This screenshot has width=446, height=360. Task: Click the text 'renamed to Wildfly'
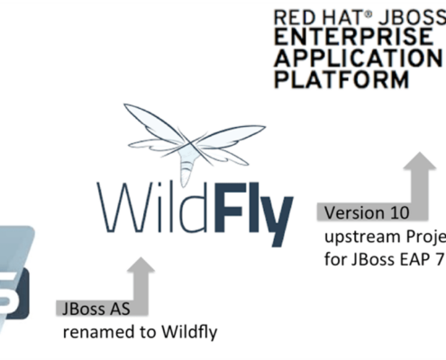(140, 333)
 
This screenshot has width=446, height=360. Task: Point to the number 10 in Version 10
(397, 214)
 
